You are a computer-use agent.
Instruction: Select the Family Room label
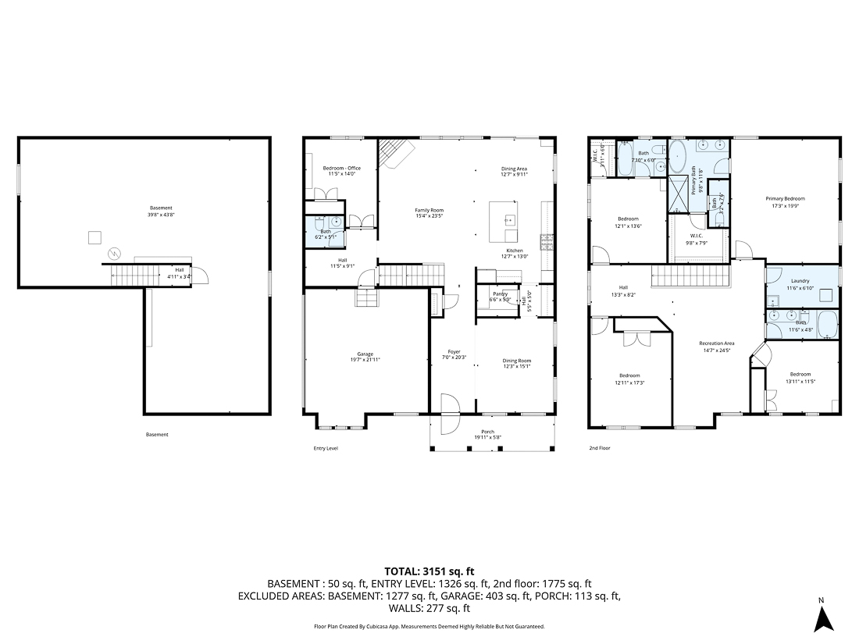tap(429, 210)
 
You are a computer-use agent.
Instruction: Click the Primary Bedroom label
tap(785, 199)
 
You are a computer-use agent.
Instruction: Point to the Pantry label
tap(500, 294)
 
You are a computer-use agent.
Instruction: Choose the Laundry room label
tap(800, 280)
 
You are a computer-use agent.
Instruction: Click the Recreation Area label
tap(716, 343)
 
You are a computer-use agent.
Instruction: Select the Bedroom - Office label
tap(342, 169)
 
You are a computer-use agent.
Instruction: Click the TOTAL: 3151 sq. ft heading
tap(429, 571)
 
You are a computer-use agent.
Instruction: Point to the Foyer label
tap(454, 351)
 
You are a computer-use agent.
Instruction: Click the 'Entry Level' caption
tap(326, 448)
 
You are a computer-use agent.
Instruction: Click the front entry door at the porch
tap(449, 414)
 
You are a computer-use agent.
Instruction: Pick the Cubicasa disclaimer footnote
tap(429, 626)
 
